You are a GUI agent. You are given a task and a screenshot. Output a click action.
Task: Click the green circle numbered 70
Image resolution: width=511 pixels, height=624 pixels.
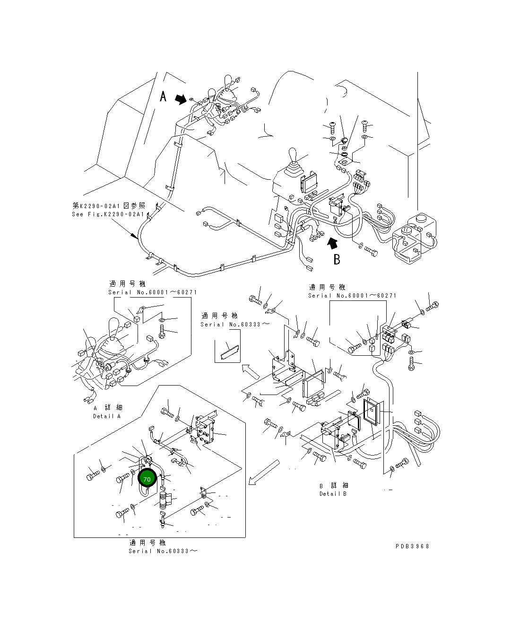147,479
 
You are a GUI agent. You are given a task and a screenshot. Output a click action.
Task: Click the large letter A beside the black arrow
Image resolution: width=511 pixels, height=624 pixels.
163,97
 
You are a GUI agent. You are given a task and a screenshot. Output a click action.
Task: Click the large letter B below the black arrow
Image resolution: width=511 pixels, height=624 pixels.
337,259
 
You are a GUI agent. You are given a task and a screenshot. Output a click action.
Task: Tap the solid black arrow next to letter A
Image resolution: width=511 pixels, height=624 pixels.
181,98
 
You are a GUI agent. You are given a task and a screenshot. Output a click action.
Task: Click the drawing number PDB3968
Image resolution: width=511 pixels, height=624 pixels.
412,546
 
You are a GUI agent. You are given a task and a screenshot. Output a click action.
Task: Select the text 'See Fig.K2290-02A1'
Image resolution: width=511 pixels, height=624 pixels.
108,214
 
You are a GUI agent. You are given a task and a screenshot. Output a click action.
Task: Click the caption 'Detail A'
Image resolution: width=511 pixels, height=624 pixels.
107,416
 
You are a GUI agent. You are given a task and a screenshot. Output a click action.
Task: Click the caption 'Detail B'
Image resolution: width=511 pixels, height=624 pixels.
333,494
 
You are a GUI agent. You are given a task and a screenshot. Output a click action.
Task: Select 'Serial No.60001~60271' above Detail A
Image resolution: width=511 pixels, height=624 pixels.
152,292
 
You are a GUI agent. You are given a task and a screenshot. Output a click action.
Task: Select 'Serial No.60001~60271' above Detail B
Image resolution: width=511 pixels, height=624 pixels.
352,296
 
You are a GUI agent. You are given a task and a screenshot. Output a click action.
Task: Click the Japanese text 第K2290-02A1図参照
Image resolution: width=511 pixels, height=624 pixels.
109,206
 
